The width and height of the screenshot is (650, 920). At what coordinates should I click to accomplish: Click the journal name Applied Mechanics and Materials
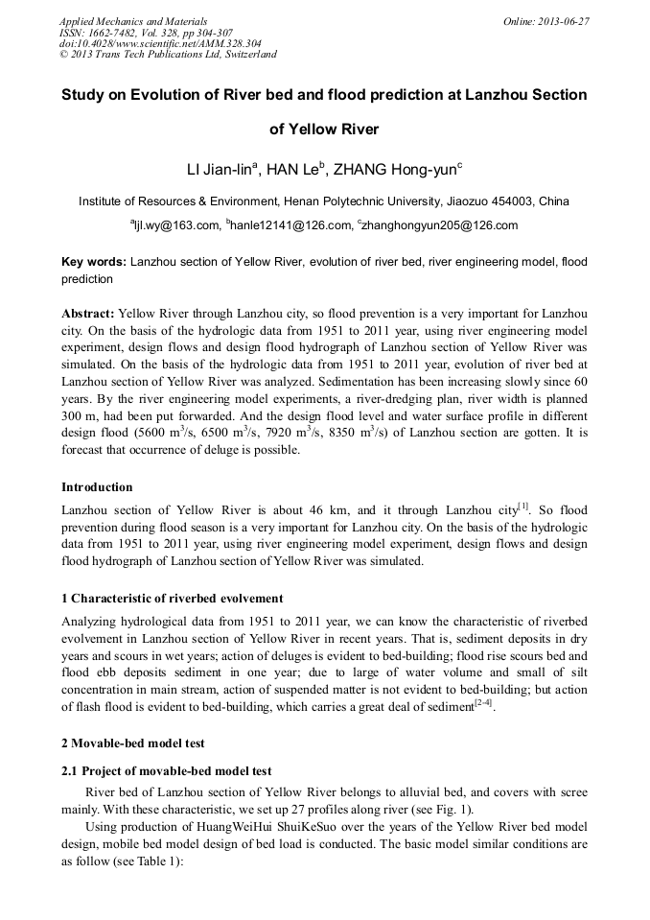[132, 20]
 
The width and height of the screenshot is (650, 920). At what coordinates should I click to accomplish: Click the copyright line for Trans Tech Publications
[168, 55]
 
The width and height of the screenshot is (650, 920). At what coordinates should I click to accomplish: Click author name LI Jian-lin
[220, 170]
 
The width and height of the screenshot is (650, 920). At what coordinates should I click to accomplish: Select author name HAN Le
[294, 170]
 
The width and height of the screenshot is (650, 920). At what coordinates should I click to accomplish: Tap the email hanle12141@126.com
[290, 226]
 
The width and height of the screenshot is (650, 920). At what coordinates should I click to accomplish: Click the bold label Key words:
[93, 261]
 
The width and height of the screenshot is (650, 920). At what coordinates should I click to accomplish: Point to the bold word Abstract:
[88, 314]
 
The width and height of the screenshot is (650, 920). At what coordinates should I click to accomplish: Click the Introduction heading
[97, 487]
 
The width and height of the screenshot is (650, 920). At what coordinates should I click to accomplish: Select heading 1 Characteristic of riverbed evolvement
[172, 599]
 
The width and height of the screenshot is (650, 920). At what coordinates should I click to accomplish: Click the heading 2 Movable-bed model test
[132, 743]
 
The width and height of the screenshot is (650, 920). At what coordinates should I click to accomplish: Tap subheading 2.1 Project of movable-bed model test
[166, 771]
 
